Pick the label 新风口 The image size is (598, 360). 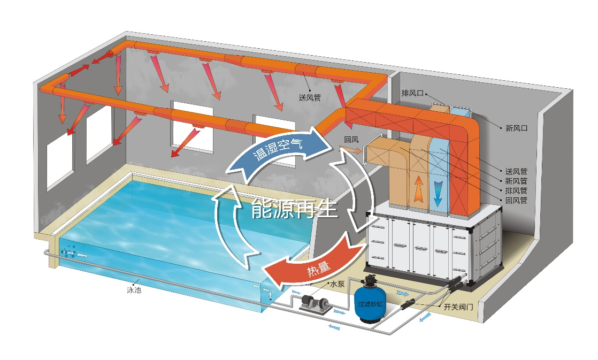517,128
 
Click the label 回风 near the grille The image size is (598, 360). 351,140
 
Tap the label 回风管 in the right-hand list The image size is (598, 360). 516,200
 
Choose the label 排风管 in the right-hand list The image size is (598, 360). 516,190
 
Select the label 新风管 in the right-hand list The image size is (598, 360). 516,181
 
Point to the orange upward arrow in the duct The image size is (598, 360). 417,189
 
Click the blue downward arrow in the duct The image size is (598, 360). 438,192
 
